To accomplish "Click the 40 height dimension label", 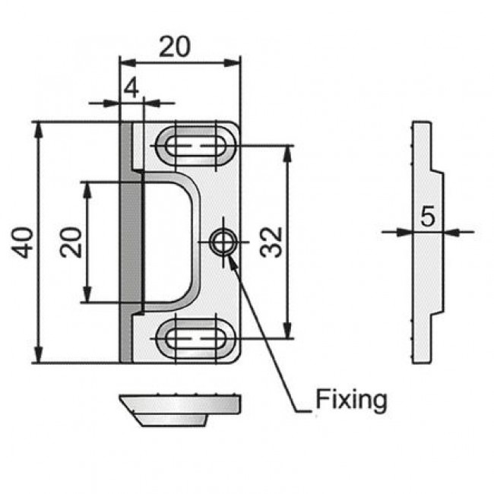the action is [22, 242].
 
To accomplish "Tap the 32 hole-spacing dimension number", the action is [271, 242].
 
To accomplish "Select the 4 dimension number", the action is [131, 88].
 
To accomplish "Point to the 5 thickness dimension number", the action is [428, 216].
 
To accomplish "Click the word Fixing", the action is [351, 401].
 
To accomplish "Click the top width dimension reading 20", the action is [175, 46].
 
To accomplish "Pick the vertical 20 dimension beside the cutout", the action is [71, 242].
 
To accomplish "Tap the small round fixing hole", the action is [223, 242].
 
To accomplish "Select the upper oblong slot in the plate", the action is [195, 146].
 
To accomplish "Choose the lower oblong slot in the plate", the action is [195, 339].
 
